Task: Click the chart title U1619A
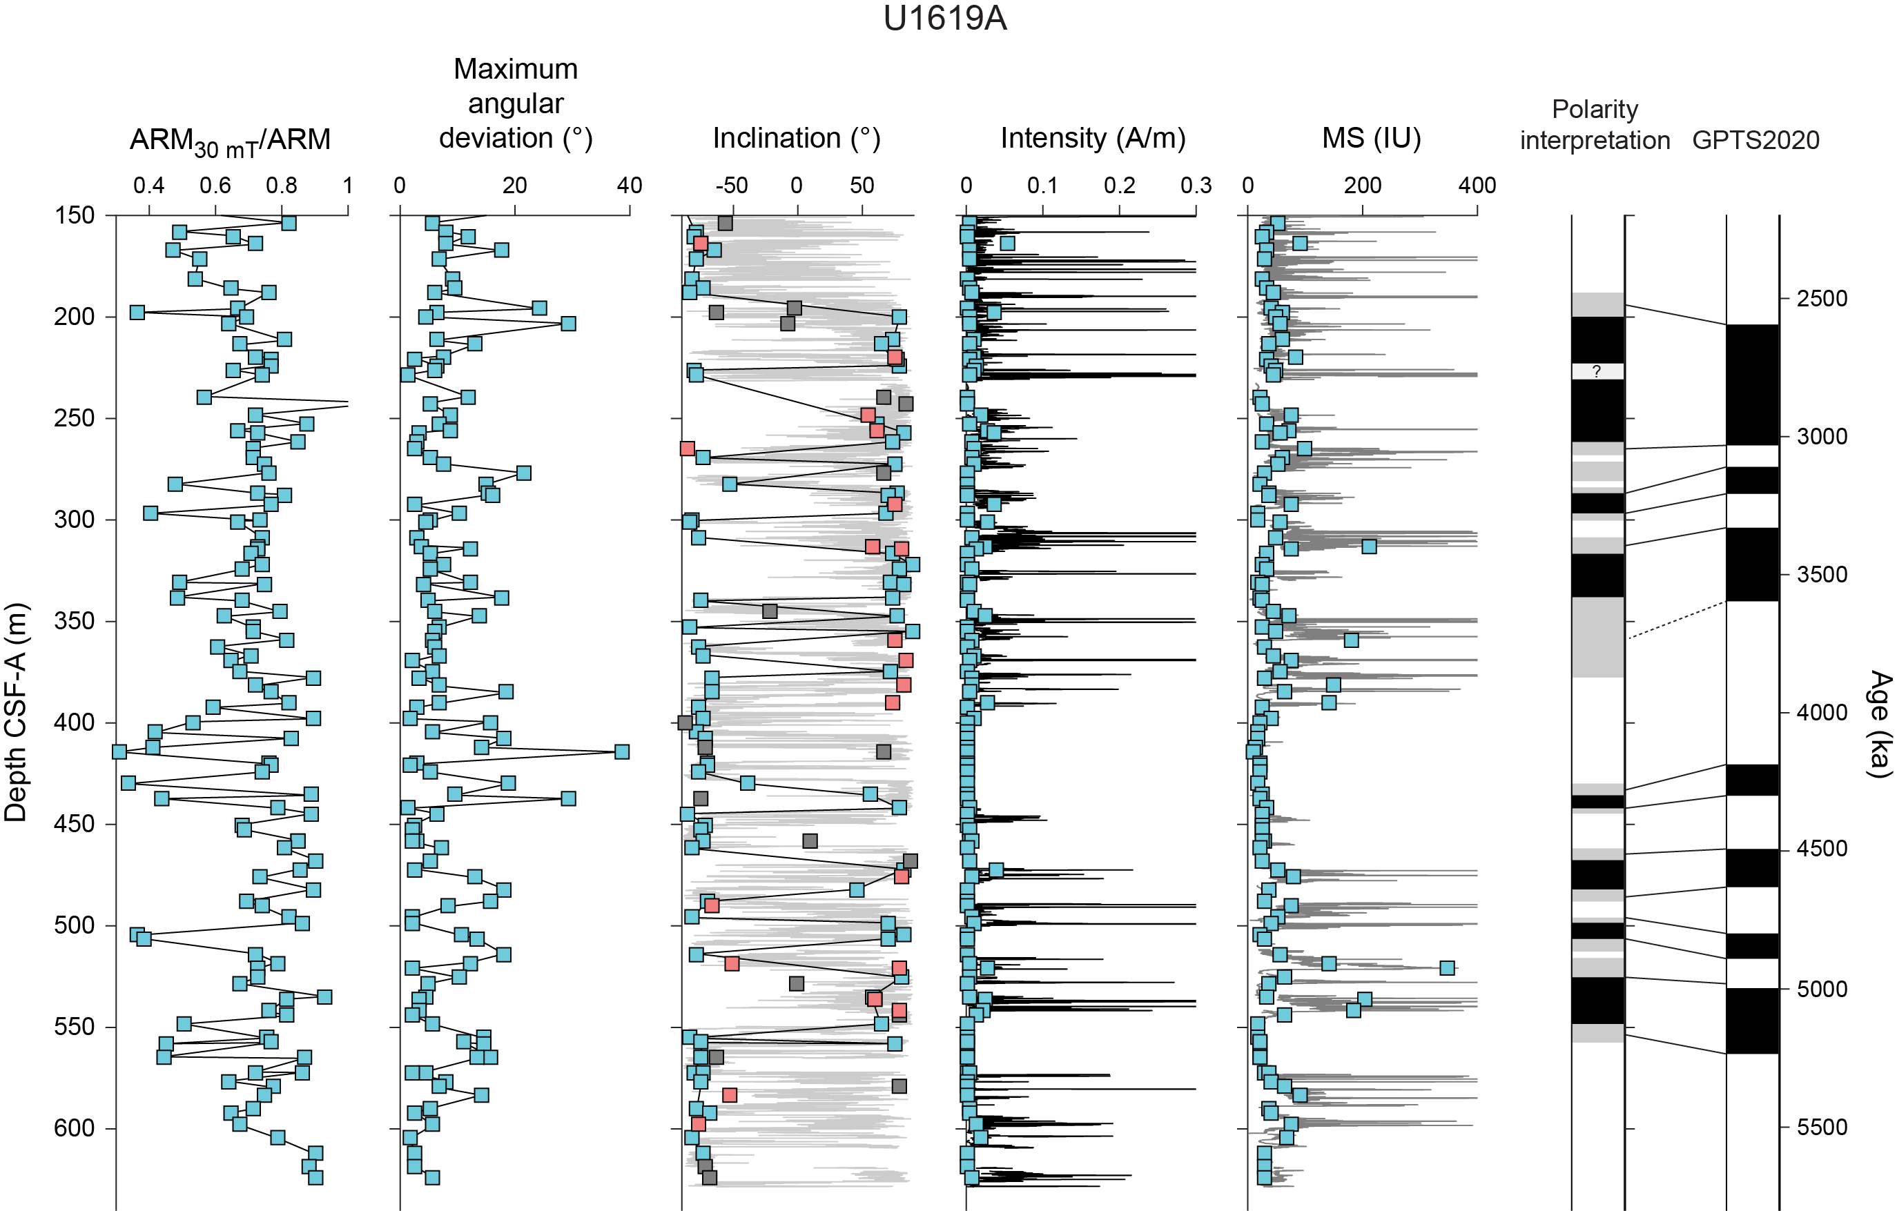[x=944, y=19]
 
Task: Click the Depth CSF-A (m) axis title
[x=16, y=712]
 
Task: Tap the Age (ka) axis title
[x=1880, y=724]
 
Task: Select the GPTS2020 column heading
[x=1755, y=140]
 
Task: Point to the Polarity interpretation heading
[x=1595, y=124]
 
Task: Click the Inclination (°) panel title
[x=796, y=138]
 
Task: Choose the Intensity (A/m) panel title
[x=1093, y=138]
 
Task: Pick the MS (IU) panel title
[x=1371, y=138]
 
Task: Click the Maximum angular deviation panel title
[x=515, y=103]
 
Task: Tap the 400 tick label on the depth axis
[x=74, y=722]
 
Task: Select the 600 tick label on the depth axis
[x=74, y=1128]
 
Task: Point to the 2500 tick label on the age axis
[x=1821, y=298]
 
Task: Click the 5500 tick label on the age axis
[x=1821, y=1127]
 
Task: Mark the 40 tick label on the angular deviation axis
[x=630, y=186]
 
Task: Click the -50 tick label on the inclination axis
[x=731, y=186]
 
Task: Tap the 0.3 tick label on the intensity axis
[x=1195, y=186]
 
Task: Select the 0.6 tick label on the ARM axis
[x=215, y=186]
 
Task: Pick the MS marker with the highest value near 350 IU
[x=1446, y=967]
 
